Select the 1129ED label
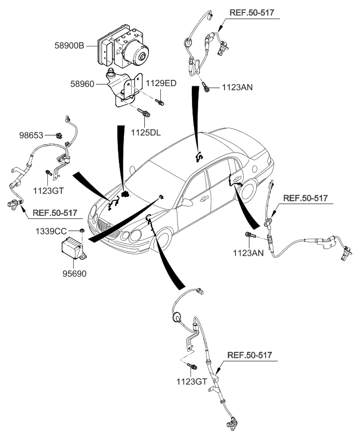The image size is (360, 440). [160, 83]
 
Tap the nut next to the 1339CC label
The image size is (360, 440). [82, 229]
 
